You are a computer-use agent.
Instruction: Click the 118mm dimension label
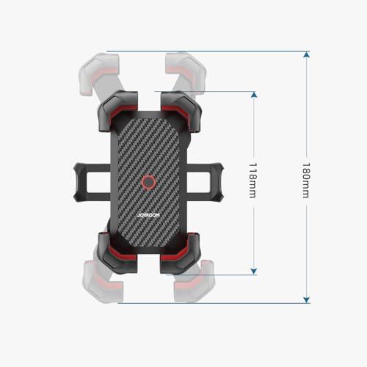click(252, 180)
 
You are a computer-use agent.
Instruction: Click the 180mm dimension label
click(305, 180)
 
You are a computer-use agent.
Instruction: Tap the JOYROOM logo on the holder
click(148, 215)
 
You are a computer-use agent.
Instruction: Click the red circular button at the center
click(148, 182)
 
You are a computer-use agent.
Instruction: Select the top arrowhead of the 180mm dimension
click(306, 54)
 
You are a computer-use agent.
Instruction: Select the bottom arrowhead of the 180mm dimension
click(306, 300)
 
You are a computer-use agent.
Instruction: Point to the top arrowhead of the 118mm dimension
click(254, 95)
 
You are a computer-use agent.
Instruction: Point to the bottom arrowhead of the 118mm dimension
click(254, 272)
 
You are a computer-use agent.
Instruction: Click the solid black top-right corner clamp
click(181, 111)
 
